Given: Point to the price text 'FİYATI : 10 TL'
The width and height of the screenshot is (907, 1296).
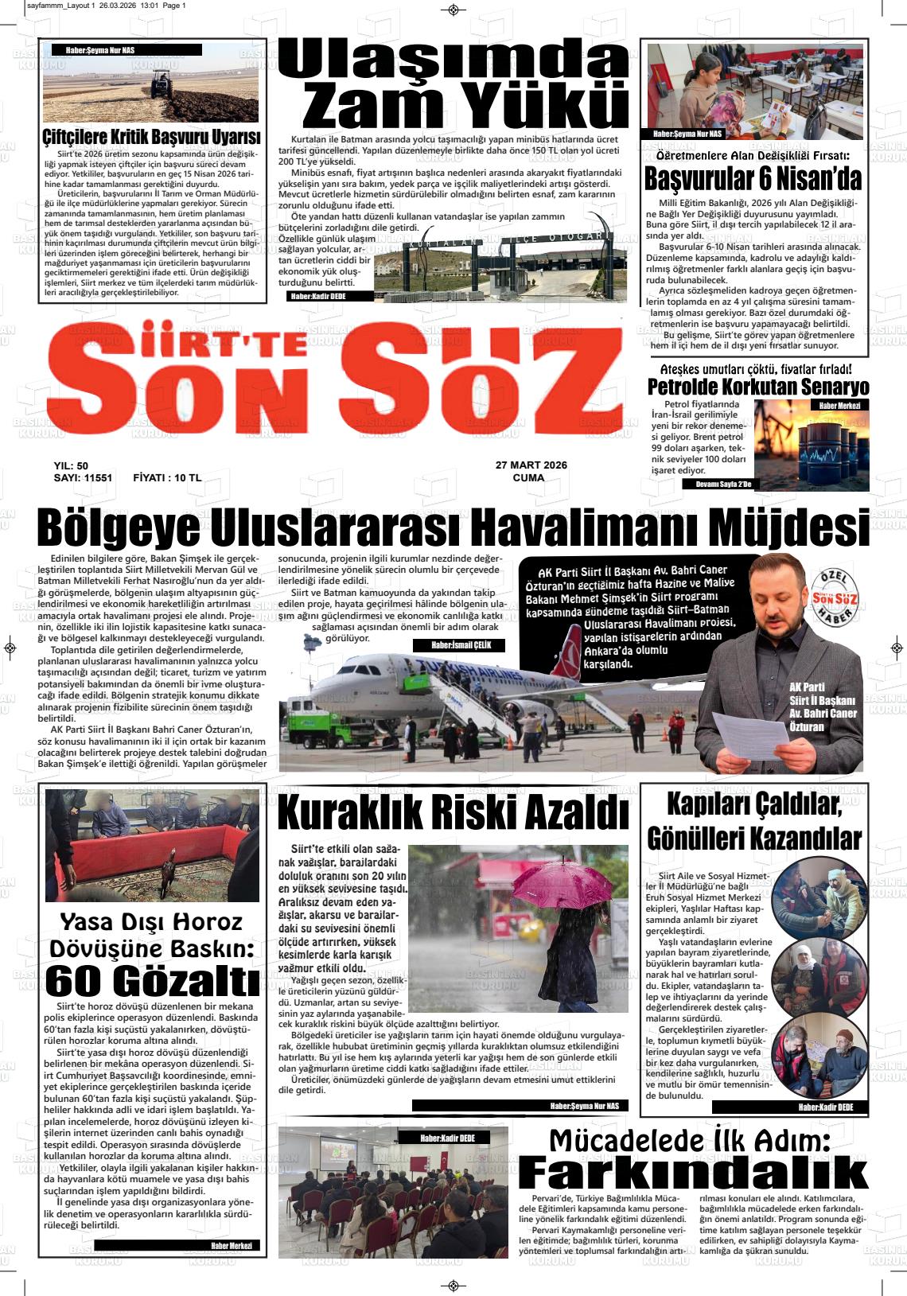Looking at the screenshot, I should [x=167, y=478].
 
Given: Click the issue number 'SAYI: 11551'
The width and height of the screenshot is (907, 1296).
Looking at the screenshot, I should [x=83, y=478].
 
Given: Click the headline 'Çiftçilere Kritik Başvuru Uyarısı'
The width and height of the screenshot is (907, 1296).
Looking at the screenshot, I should [x=152, y=137].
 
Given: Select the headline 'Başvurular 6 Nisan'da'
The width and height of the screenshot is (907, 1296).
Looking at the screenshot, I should [x=753, y=179].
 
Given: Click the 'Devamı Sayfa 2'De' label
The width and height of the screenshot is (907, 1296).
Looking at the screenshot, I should [x=722, y=484].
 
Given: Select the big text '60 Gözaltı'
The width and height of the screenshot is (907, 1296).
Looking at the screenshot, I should [x=152, y=981].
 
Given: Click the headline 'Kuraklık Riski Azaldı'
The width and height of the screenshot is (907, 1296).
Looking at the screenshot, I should [x=453, y=814].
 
